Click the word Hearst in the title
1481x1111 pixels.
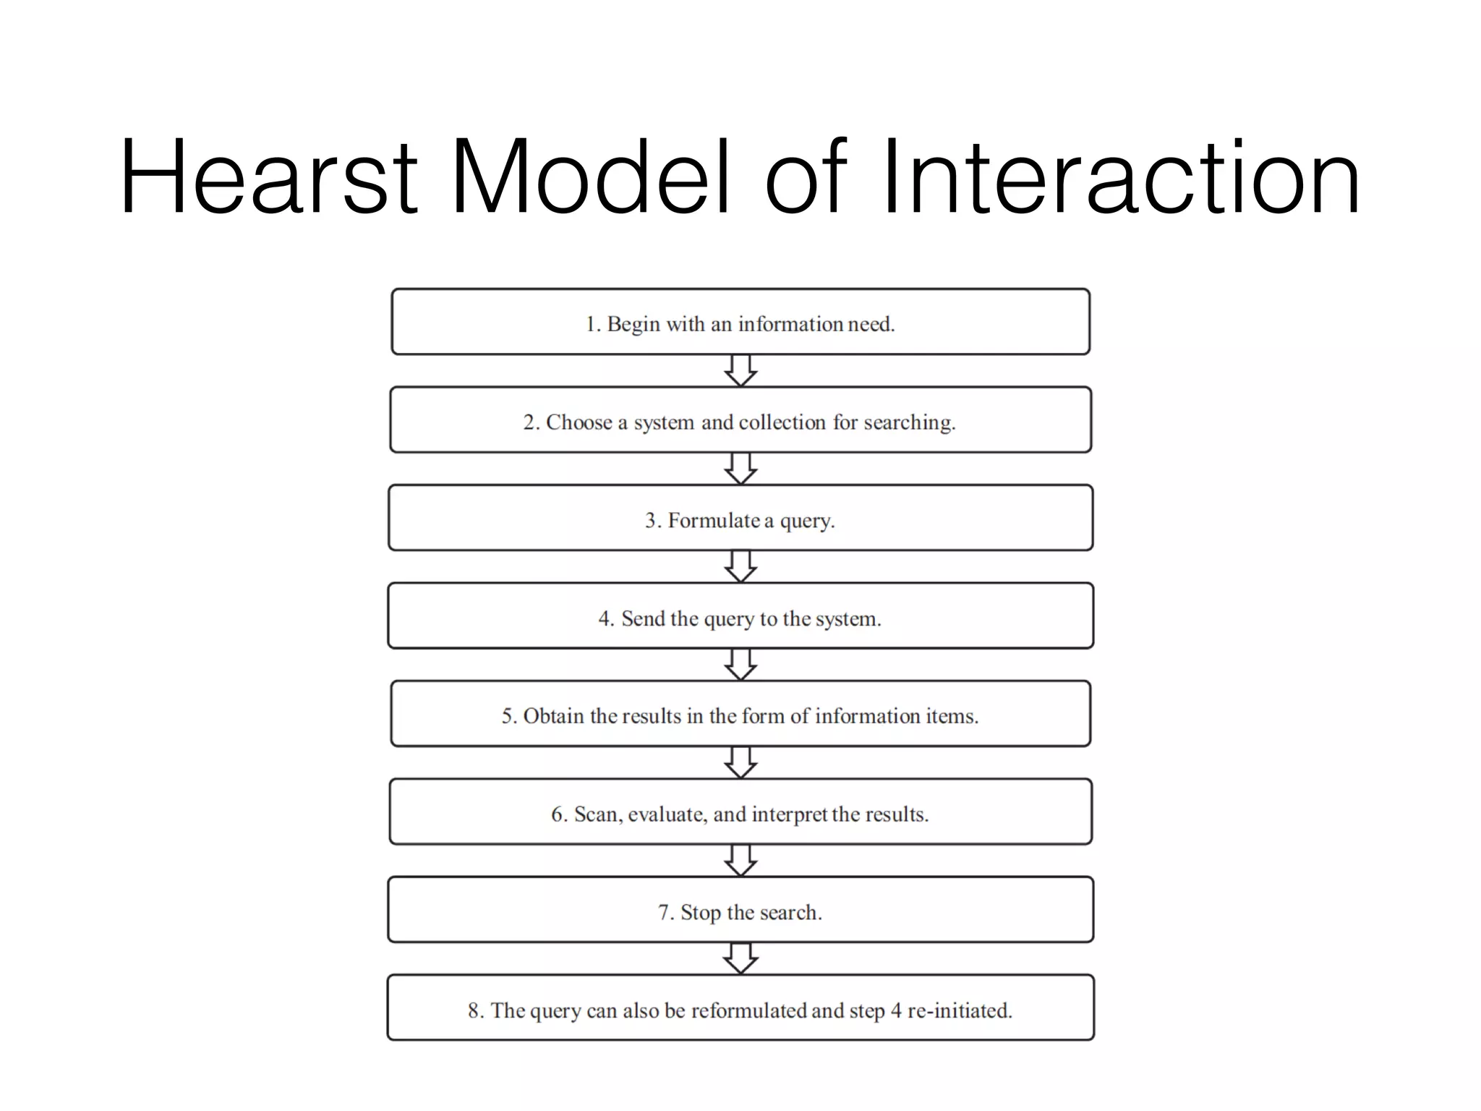tap(268, 177)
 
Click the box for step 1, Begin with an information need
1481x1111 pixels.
tap(740, 323)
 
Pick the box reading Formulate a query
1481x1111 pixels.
tap(740, 519)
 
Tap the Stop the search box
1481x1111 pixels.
tap(740, 910)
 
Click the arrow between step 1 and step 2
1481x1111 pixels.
tap(740, 371)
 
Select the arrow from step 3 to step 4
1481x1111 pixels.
tap(740, 567)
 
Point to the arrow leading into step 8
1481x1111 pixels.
tap(740, 959)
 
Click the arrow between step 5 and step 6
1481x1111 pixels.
tap(740, 763)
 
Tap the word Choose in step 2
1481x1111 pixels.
tap(579, 422)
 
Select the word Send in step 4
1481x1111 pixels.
tap(642, 618)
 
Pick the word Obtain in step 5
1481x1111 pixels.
tap(553, 716)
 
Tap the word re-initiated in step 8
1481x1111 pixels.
tap(960, 1010)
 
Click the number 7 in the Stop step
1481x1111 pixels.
tap(664, 913)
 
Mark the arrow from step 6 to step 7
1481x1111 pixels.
tap(740, 861)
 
